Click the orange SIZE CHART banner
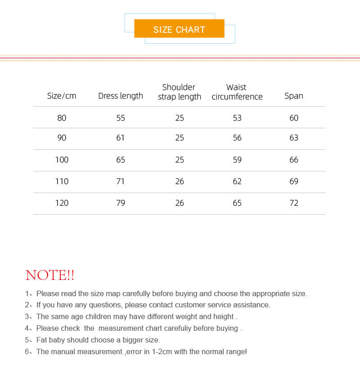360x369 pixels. (179, 29)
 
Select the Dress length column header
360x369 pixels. (121, 96)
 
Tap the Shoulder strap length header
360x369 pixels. (179, 92)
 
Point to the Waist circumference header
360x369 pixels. (237, 92)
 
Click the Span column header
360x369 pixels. (294, 96)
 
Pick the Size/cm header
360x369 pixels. (62, 96)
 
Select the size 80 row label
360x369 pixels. (62, 118)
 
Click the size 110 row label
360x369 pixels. (62, 181)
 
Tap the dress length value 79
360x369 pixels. (121, 203)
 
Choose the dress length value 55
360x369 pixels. (121, 118)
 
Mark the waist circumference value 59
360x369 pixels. (237, 160)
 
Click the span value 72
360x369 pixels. (294, 203)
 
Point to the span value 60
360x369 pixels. (294, 118)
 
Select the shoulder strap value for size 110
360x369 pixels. (180, 181)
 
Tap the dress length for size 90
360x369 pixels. (120, 138)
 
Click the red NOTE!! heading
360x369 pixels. (50, 275)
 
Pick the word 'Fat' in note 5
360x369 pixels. (42, 340)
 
